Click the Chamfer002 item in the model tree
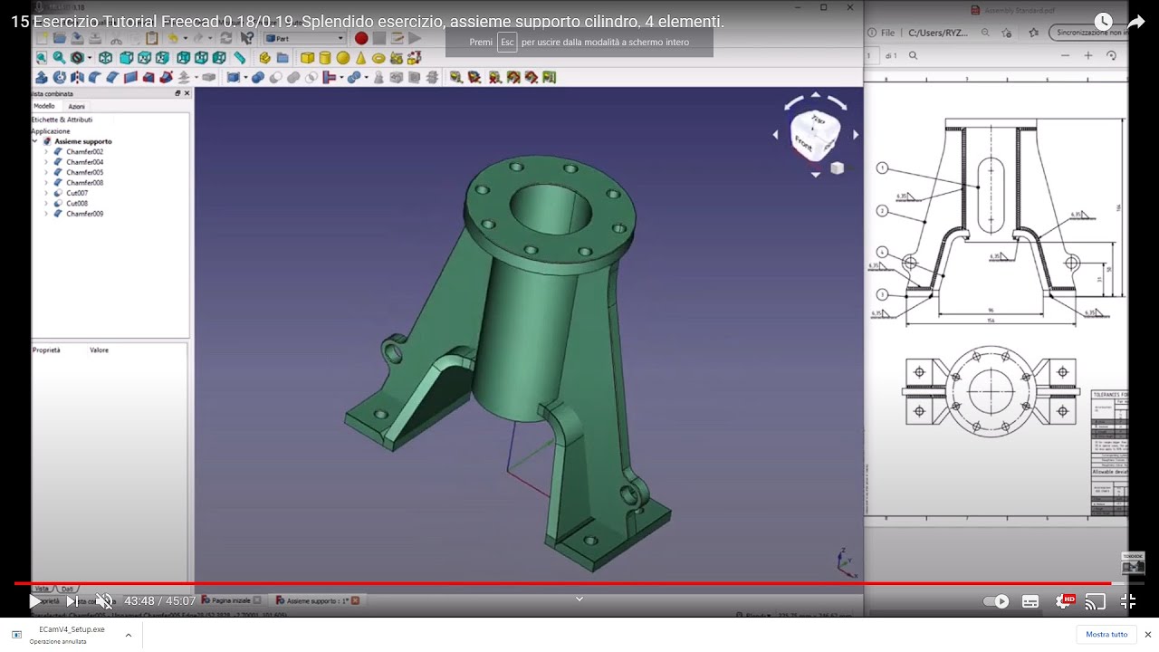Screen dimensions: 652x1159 [84, 152]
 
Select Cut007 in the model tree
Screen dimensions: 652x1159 [77, 193]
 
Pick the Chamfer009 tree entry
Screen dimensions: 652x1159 [84, 214]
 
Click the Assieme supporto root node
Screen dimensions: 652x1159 [82, 141]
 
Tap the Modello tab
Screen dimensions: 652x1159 [44, 106]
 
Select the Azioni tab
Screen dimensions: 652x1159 [77, 106]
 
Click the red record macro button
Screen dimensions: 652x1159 [361, 38]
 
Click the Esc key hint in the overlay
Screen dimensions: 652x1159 [507, 43]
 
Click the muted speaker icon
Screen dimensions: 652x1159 [104, 601]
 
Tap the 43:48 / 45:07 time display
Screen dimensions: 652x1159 [159, 601]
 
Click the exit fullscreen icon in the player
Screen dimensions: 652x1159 [1127, 601]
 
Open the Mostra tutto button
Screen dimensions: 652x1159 [1106, 634]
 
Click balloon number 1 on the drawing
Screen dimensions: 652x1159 [882, 168]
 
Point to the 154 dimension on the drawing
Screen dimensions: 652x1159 [991, 321]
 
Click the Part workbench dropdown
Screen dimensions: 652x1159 [305, 38]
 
